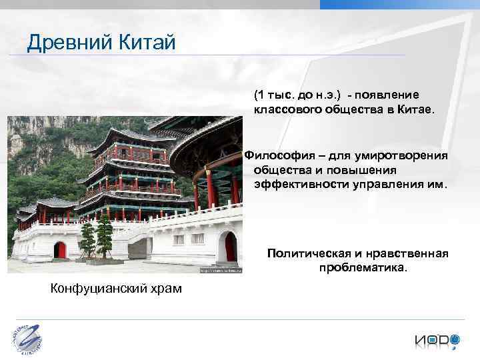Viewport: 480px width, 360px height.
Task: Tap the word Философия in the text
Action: pos(277,155)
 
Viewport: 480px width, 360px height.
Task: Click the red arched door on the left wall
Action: pos(60,250)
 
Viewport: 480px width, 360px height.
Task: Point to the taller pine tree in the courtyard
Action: pos(104,237)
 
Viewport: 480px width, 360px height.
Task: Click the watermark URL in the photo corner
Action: pos(220,271)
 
